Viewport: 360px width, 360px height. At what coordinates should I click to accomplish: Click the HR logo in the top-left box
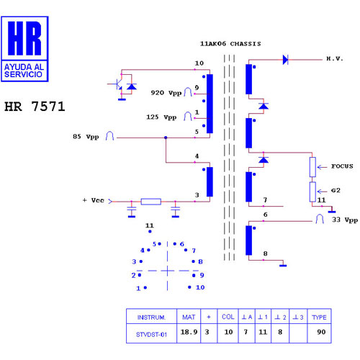coord(24,38)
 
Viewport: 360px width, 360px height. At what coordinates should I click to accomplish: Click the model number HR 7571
coord(35,107)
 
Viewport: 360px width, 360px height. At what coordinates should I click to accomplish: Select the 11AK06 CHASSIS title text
coord(230,44)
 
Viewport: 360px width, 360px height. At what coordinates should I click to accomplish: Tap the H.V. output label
coord(335,59)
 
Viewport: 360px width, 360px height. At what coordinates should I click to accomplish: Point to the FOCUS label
coord(342,166)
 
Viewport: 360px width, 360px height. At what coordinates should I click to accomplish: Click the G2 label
coord(336,191)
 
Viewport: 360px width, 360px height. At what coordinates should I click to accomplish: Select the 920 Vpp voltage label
coord(166,93)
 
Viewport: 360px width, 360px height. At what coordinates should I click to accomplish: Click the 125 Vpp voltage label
coord(161,117)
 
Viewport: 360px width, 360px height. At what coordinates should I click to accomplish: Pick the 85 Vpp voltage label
coord(86,137)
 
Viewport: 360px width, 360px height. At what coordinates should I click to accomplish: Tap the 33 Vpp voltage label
coord(345,220)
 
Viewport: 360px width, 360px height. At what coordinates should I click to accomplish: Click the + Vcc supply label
coord(93,200)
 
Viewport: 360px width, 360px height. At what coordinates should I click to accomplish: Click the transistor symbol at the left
coord(117,84)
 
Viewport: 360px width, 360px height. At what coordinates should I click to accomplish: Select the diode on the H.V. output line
coord(285,60)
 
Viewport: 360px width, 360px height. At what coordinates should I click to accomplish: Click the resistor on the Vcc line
coord(151,202)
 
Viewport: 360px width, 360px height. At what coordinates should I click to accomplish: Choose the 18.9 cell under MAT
coord(189,332)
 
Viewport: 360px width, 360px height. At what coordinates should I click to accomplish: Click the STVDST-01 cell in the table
coord(151,335)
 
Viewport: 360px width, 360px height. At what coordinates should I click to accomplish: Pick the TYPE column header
coord(319,318)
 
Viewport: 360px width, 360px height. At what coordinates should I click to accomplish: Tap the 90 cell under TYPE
coord(321,332)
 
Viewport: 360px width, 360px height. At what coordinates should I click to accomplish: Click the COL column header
coord(228,317)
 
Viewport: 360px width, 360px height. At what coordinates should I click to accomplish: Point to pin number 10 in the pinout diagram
coord(200,287)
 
